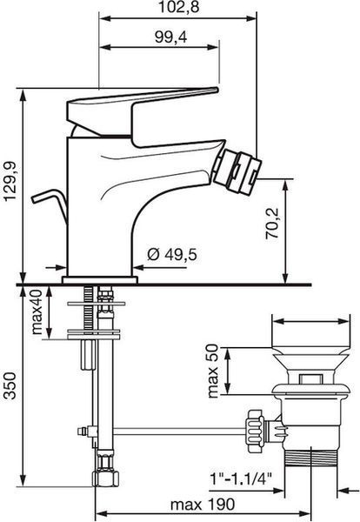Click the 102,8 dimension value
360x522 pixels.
[178, 7]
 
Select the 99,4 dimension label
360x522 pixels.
[170, 37]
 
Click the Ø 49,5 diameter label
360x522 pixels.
[172, 255]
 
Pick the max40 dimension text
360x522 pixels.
[37, 311]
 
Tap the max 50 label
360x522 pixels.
[213, 371]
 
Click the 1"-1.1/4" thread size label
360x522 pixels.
[241, 479]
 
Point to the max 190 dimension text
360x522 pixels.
[203, 505]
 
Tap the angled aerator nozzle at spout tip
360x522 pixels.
[237, 172]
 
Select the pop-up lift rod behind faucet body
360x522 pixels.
[50, 204]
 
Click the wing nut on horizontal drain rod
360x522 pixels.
[255, 431]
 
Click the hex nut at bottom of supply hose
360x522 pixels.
[105, 478]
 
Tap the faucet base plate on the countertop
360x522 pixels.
[100, 280]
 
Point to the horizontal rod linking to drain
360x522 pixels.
[179, 432]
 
